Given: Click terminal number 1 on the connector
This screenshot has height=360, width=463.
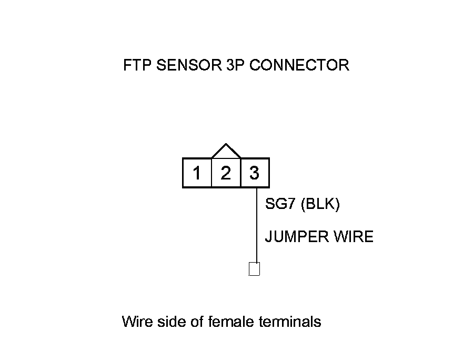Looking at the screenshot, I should [197, 173].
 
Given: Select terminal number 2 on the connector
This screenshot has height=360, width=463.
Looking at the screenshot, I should [226, 173].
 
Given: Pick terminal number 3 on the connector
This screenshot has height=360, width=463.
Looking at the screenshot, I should [255, 173].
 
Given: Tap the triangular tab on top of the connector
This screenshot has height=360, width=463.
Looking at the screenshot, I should [226, 152].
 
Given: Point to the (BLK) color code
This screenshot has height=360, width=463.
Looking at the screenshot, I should [320, 204].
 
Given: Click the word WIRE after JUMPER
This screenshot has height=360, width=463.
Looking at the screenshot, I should [353, 237].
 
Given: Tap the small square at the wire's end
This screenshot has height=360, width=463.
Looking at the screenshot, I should [255, 269].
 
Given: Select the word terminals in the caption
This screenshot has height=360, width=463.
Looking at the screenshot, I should [290, 321].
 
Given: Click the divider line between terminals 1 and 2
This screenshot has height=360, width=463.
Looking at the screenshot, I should [211, 173].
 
